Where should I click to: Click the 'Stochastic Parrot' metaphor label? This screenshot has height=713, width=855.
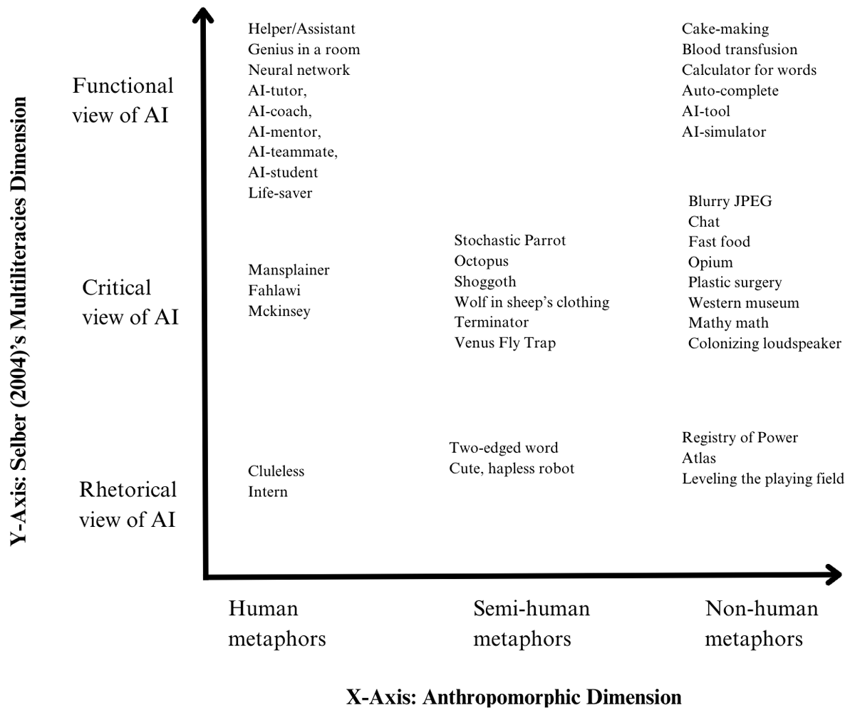(510, 240)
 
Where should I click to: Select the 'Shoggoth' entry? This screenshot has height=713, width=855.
(485, 282)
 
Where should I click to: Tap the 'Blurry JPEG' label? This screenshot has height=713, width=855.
(730, 201)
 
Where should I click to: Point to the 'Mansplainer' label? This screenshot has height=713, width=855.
(289, 270)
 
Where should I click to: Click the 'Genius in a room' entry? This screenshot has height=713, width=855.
(304, 49)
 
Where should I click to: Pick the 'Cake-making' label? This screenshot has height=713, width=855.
(725, 29)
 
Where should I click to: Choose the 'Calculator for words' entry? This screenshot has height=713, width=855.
(749, 70)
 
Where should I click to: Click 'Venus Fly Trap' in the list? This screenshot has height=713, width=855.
(505, 343)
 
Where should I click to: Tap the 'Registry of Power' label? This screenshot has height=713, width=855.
(740, 438)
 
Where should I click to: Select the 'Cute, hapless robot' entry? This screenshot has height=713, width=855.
(512, 468)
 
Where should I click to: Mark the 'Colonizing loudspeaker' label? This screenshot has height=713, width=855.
(765, 344)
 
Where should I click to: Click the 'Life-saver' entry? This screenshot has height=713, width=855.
(280, 193)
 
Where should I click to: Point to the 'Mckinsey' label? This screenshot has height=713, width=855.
(279, 312)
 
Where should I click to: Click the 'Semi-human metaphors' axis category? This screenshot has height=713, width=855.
(532, 623)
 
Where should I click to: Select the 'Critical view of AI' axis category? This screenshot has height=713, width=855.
(130, 302)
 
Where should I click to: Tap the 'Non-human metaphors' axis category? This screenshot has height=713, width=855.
(762, 623)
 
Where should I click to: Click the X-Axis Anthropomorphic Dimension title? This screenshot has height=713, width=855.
(514, 697)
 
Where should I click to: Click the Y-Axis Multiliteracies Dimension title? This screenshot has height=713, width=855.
(19, 321)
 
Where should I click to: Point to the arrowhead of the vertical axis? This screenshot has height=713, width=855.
(203, 13)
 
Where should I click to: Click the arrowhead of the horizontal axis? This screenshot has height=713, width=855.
(834, 575)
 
